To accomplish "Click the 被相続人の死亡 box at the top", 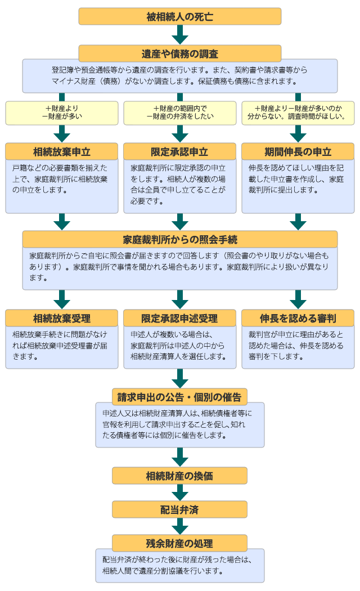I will click(x=179, y=16).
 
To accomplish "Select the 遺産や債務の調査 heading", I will click(x=179, y=53).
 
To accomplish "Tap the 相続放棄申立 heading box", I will click(x=62, y=151).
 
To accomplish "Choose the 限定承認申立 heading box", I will click(x=179, y=151).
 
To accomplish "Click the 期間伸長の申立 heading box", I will click(x=298, y=151).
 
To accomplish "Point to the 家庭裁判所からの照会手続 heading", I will click(x=179, y=239).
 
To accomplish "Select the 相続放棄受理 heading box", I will click(x=62, y=318).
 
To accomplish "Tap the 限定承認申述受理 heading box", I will click(x=179, y=318).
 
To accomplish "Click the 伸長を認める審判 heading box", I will click(x=298, y=318).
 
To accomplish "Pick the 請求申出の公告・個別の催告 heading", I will click(x=179, y=397).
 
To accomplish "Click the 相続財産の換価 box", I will click(x=179, y=476).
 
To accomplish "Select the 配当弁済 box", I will click(x=179, y=509).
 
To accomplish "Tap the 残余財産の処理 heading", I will click(x=179, y=543).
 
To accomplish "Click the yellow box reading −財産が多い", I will click(x=62, y=113).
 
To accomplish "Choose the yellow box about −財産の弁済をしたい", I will click(x=179, y=113).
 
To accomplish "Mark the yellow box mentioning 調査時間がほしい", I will click(x=298, y=113).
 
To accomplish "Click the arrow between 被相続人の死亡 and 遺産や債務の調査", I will click(x=179, y=35).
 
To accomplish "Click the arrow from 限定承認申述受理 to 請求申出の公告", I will click(x=179, y=378).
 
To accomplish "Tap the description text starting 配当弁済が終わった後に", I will click(x=179, y=565).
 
